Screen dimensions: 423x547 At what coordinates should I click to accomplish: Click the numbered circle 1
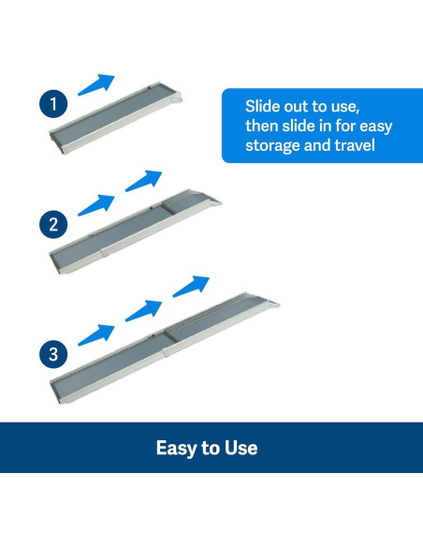(53, 104)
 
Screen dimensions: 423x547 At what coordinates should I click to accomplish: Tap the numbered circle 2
(53, 224)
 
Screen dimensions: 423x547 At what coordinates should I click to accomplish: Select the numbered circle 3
(53, 354)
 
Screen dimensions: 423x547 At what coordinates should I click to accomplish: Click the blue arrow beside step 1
(96, 84)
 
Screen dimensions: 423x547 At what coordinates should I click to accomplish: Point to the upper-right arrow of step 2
(143, 181)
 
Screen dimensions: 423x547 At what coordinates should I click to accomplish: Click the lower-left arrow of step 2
(96, 205)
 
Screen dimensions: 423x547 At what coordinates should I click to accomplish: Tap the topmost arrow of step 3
(191, 287)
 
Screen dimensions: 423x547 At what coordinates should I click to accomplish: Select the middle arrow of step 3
(143, 310)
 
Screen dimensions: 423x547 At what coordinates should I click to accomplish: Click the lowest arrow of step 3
(96, 335)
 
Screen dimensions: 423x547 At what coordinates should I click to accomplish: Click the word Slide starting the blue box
(262, 106)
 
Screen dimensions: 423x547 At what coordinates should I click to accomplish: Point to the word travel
(355, 145)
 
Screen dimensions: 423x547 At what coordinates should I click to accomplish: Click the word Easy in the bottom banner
(175, 449)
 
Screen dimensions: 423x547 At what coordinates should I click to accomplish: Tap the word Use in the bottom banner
(241, 448)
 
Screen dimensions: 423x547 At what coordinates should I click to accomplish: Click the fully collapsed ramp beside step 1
(116, 118)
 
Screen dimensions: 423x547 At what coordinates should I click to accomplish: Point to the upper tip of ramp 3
(279, 304)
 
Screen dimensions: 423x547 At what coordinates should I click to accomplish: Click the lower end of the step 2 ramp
(57, 264)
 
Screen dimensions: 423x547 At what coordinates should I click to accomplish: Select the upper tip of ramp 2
(221, 202)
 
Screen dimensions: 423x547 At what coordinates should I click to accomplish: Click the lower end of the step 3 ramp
(57, 393)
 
